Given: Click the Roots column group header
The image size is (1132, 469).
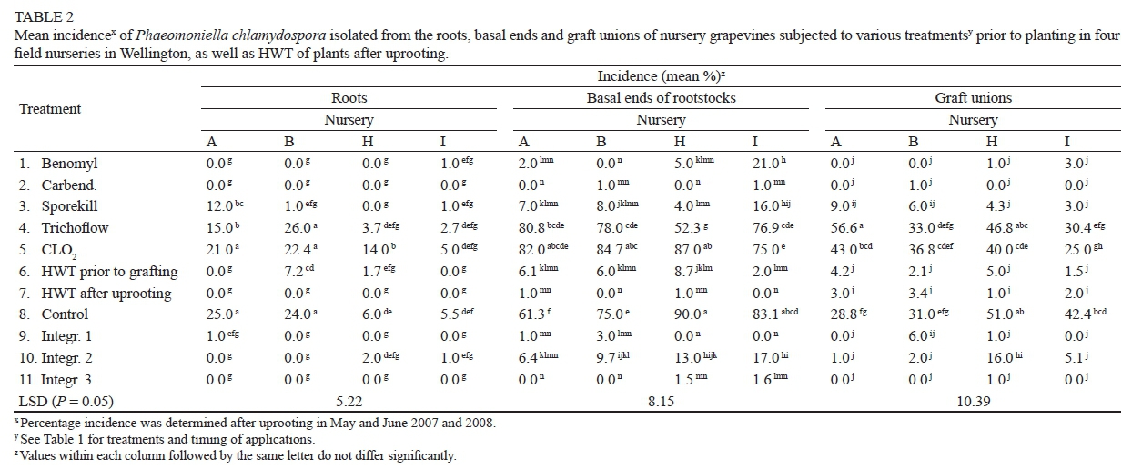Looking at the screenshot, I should (349, 98).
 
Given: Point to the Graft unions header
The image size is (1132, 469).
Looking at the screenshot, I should (973, 98).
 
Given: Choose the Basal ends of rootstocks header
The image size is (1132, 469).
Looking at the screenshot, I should (661, 98).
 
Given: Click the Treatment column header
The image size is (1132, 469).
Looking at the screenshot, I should (50, 109).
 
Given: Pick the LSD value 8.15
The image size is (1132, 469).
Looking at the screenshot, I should (661, 401).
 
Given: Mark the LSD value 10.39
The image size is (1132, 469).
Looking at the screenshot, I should (973, 401).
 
